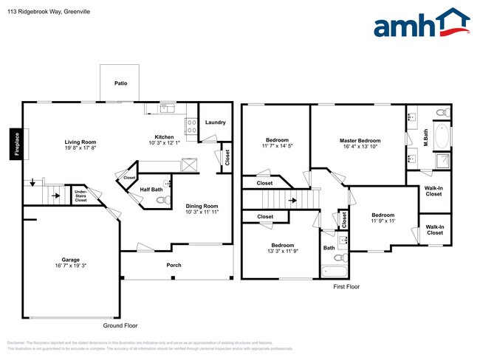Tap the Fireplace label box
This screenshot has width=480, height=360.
16,143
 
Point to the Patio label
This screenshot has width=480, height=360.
120,84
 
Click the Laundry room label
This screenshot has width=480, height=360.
215,122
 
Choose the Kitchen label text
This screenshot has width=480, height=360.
164,136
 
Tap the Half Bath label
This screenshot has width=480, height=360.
151,190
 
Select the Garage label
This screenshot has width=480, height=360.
71,260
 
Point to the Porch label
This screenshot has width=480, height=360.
174,265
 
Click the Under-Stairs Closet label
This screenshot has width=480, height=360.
81,195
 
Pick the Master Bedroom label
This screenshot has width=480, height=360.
360,140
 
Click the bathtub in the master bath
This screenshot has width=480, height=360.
441,137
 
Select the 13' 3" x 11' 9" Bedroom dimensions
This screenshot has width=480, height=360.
282,252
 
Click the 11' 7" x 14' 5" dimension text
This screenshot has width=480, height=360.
277,146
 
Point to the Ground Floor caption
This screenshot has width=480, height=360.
120,325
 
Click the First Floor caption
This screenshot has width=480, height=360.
346,286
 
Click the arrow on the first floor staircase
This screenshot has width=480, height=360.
293,199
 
